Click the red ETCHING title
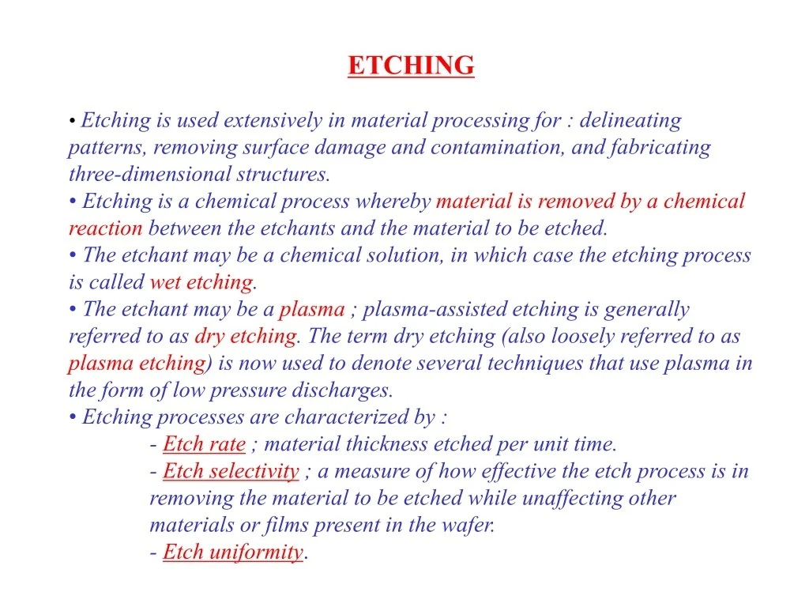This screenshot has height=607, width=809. [x=411, y=66]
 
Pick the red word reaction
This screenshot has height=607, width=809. [x=105, y=228]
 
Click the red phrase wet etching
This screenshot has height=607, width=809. [x=201, y=282]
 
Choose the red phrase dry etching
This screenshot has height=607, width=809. [x=245, y=336]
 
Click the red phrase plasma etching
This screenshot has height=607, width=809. [x=137, y=363]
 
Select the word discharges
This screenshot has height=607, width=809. [x=342, y=390]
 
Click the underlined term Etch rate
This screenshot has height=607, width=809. [x=204, y=444]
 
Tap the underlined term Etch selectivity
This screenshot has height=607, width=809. [x=231, y=471]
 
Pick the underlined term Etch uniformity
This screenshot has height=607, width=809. [x=232, y=552]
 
